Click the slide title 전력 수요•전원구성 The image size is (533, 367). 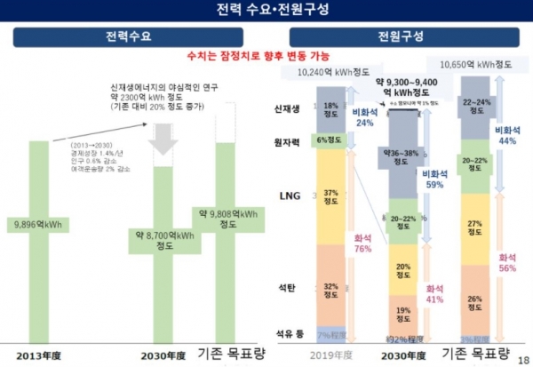click(266, 11)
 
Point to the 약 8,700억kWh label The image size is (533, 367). click(164, 239)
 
